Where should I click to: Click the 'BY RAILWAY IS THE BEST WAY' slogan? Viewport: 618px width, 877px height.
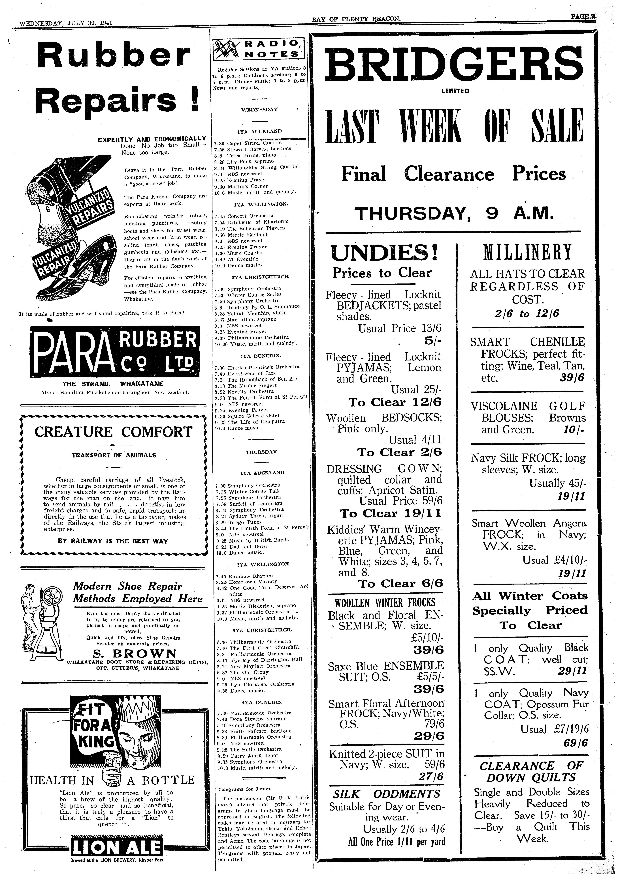coord(113,541)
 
